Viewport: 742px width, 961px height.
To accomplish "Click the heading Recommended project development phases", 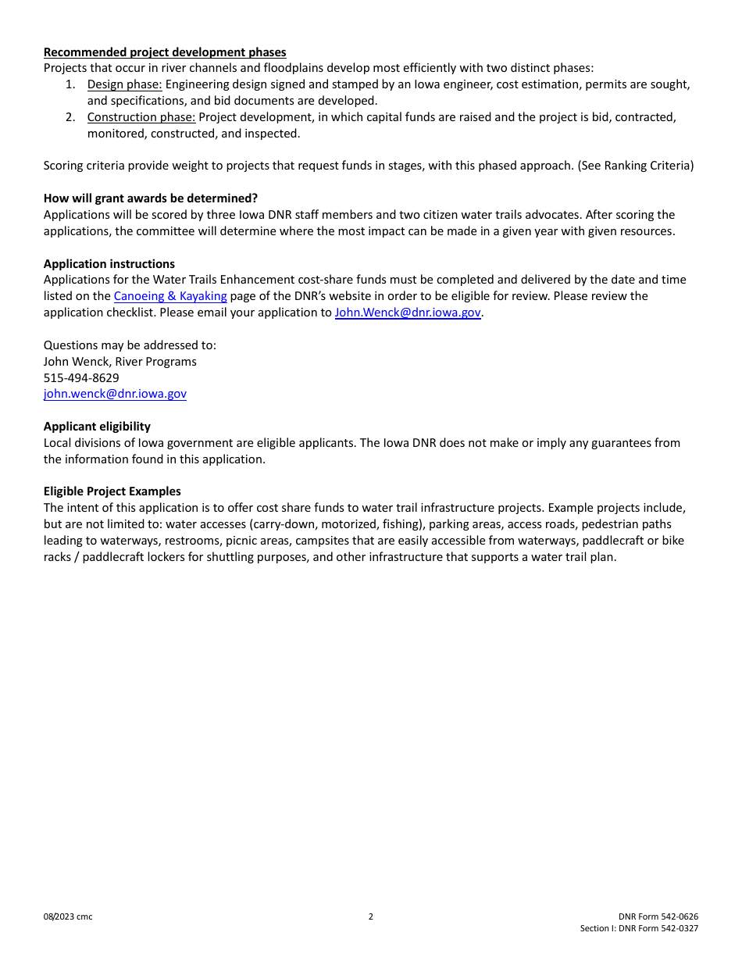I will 165,52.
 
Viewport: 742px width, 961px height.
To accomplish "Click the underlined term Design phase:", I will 125,84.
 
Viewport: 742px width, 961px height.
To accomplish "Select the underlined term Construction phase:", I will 141,117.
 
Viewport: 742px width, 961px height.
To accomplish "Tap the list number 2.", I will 70,117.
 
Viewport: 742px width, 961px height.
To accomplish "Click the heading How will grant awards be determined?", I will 151,198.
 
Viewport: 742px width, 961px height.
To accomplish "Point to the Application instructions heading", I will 109,263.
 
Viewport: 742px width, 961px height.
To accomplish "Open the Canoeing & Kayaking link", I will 170,296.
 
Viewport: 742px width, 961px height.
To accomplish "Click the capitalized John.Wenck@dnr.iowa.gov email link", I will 408,313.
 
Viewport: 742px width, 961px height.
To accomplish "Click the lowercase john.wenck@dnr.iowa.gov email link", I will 115,394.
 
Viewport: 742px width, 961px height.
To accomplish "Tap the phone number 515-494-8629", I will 81,377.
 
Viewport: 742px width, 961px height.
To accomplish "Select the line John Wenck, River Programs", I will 120,362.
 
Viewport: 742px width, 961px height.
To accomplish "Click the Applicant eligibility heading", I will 97,427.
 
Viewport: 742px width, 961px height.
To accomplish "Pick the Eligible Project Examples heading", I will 112,491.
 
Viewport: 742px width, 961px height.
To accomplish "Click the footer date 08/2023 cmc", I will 68,916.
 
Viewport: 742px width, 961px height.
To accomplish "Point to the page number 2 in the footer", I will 371,916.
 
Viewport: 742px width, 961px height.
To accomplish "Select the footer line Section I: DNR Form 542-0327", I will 639,928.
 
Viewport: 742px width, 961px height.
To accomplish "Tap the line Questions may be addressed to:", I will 130,345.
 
